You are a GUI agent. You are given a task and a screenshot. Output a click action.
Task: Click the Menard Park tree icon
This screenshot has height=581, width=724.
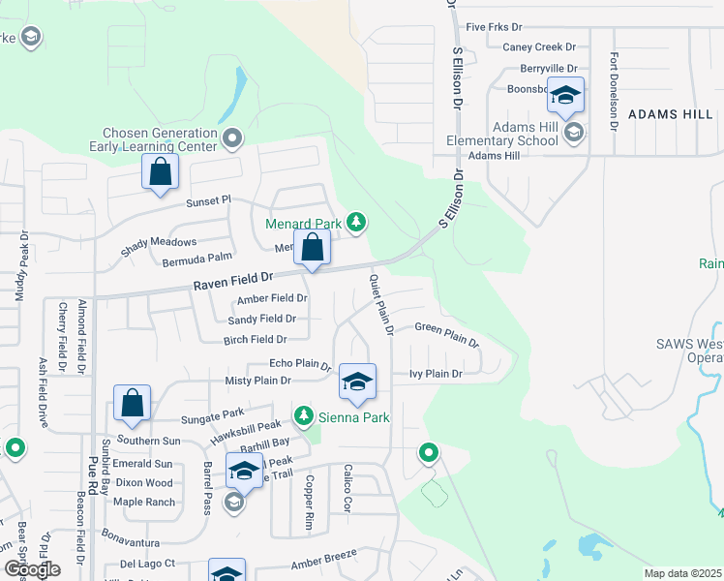pos(356,223)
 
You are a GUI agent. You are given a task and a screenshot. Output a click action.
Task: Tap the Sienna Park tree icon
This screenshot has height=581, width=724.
pos(304,416)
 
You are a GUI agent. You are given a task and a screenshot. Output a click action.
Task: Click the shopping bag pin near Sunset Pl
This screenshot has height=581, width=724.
pos(160,173)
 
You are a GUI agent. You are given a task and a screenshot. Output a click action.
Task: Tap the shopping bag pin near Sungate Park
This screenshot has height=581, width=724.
pos(132,403)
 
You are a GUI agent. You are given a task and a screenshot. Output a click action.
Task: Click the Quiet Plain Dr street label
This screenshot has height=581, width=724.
pos(380,304)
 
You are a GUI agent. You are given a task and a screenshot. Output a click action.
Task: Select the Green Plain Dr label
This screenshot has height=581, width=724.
pos(446,334)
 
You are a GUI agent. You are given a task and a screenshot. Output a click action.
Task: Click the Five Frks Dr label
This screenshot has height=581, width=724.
pos(494,27)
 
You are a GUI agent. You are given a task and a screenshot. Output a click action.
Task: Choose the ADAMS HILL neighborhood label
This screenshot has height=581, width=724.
pos(670,113)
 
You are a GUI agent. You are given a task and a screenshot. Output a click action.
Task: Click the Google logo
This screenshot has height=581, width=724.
pos(31,569)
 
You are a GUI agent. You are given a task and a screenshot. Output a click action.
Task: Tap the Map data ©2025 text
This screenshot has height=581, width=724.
pos(681,573)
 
